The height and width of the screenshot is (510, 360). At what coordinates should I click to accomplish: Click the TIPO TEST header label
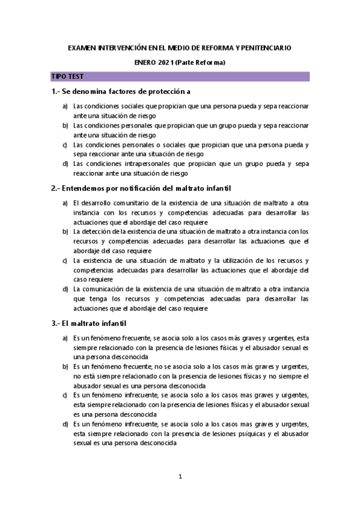(x=68, y=77)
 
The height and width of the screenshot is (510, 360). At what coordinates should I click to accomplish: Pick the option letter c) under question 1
(x=65, y=145)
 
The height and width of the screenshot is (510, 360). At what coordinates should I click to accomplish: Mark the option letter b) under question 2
(x=65, y=232)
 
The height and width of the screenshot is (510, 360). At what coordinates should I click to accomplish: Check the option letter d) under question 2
(x=65, y=289)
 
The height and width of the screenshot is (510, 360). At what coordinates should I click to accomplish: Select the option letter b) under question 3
(x=65, y=366)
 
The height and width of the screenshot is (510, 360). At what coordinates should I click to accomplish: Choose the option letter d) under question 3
(x=65, y=424)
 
